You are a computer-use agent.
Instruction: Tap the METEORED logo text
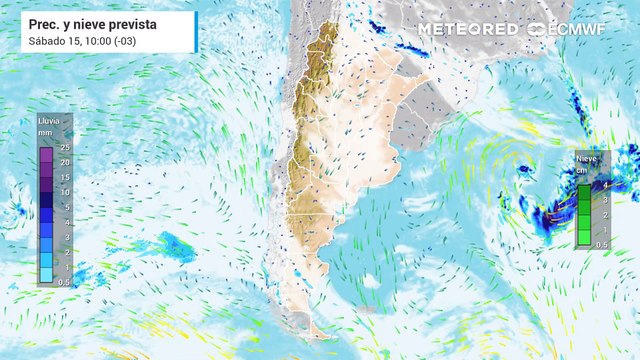click(468, 29)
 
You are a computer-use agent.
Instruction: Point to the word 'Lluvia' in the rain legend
click(48, 121)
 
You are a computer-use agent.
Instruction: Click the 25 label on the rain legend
click(63, 148)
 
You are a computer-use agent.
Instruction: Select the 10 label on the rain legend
click(63, 191)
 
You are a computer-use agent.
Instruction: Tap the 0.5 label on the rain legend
click(64, 282)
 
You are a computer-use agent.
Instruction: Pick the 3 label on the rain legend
click(65, 237)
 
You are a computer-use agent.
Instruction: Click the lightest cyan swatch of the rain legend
click(46, 275)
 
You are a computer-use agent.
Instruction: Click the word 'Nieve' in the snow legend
click(587, 158)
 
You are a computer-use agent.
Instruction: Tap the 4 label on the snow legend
click(605, 185)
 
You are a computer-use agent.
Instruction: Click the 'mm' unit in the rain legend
click(46, 132)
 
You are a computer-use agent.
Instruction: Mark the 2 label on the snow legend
click(605, 215)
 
